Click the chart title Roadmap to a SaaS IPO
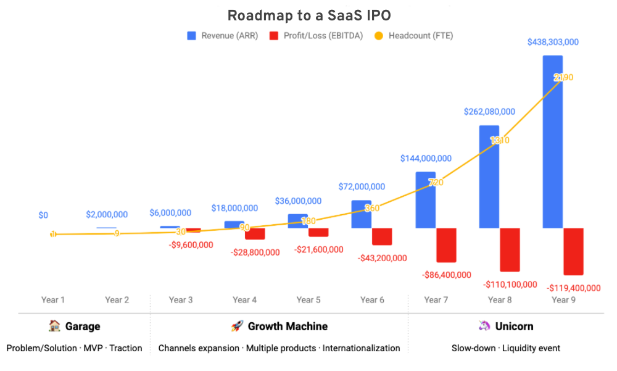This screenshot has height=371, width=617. pyautogui.click(x=308, y=15)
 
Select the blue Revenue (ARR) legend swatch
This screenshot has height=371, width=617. pyautogui.click(x=192, y=36)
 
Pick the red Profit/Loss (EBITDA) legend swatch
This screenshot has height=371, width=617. pyautogui.click(x=274, y=36)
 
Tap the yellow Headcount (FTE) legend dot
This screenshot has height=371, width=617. pyautogui.click(x=379, y=36)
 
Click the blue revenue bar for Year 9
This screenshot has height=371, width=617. pyautogui.click(x=552, y=142)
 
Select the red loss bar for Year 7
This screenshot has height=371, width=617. pyautogui.click(x=446, y=245)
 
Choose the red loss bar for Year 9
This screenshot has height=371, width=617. pyautogui.click(x=573, y=251)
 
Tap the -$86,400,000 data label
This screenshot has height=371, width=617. pyautogui.click(x=447, y=275)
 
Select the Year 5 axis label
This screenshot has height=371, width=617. pyautogui.click(x=308, y=300)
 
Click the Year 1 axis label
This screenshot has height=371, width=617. pyautogui.click(x=53, y=300)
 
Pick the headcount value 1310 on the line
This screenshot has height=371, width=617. pyautogui.click(x=499, y=140)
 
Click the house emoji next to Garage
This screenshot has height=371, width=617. pyautogui.click(x=54, y=326)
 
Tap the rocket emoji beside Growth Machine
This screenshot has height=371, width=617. pyautogui.click(x=237, y=326)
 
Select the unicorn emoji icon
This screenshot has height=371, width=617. pyautogui.click(x=484, y=326)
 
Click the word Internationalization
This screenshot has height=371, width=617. pyautogui.click(x=361, y=348)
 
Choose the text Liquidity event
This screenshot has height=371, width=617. pyautogui.click(x=532, y=348)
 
